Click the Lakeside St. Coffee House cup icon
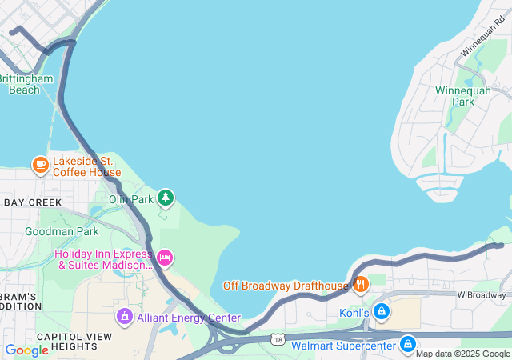pyautogui.click(x=40, y=166)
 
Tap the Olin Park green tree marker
pyautogui.click(x=166, y=197)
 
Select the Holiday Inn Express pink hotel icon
pyautogui.click(x=165, y=257)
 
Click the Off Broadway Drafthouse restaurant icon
pyautogui.click(x=361, y=284)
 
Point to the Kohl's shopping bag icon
pyautogui.click(x=382, y=311)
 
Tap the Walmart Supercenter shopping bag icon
pyautogui.click(x=407, y=345)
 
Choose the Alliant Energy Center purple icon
pyautogui.click(x=124, y=318)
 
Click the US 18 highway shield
pyautogui.click(x=276, y=339)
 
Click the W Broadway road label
pyautogui.click(x=482, y=294)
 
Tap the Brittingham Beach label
pyautogui.click(x=26, y=84)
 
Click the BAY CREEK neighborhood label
pyautogui.click(x=32, y=202)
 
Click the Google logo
pyautogui.click(x=26, y=350)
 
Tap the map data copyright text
pyautogui.click(x=463, y=354)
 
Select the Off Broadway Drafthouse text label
pyautogui.click(x=286, y=285)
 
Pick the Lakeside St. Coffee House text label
pyautogui.click(x=86, y=166)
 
